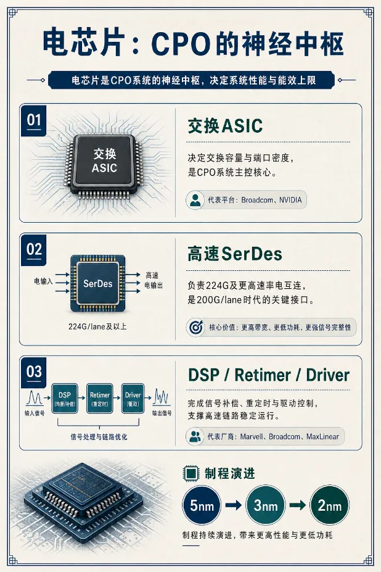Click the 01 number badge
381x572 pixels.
pyautogui.click(x=33, y=121)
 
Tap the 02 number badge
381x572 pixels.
pyautogui.click(x=33, y=251)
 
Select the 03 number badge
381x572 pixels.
pyautogui.click(x=33, y=373)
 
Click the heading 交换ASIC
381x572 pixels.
pyautogui.click(x=225, y=126)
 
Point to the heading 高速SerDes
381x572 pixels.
pyautogui.click(x=235, y=254)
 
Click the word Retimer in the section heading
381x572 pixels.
pyautogui.click(x=263, y=375)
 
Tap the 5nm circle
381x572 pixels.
pyautogui.click(x=202, y=505)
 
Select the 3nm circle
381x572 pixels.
pyautogui.click(x=266, y=505)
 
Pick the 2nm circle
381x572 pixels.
pyautogui.click(x=330, y=505)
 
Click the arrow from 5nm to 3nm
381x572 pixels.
pyautogui.click(x=233, y=505)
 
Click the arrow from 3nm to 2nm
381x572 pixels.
pyautogui.click(x=298, y=505)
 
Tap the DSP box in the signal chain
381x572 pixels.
pyautogui.click(x=65, y=399)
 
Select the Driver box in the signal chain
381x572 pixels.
pyautogui.click(x=133, y=399)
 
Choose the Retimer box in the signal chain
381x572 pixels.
pyautogui.click(x=99, y=399)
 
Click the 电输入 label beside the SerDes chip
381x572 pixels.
pyautogui.click(x=43, y=281)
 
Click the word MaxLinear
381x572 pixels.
pyautogui.click(x=322, y=437)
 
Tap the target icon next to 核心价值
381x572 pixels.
pyautogui.click(x=196, y=327)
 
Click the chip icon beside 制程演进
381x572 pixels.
pyautogui.click(x=191, y=473)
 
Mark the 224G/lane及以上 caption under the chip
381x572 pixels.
pyautogui.click(x=97, y=326)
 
